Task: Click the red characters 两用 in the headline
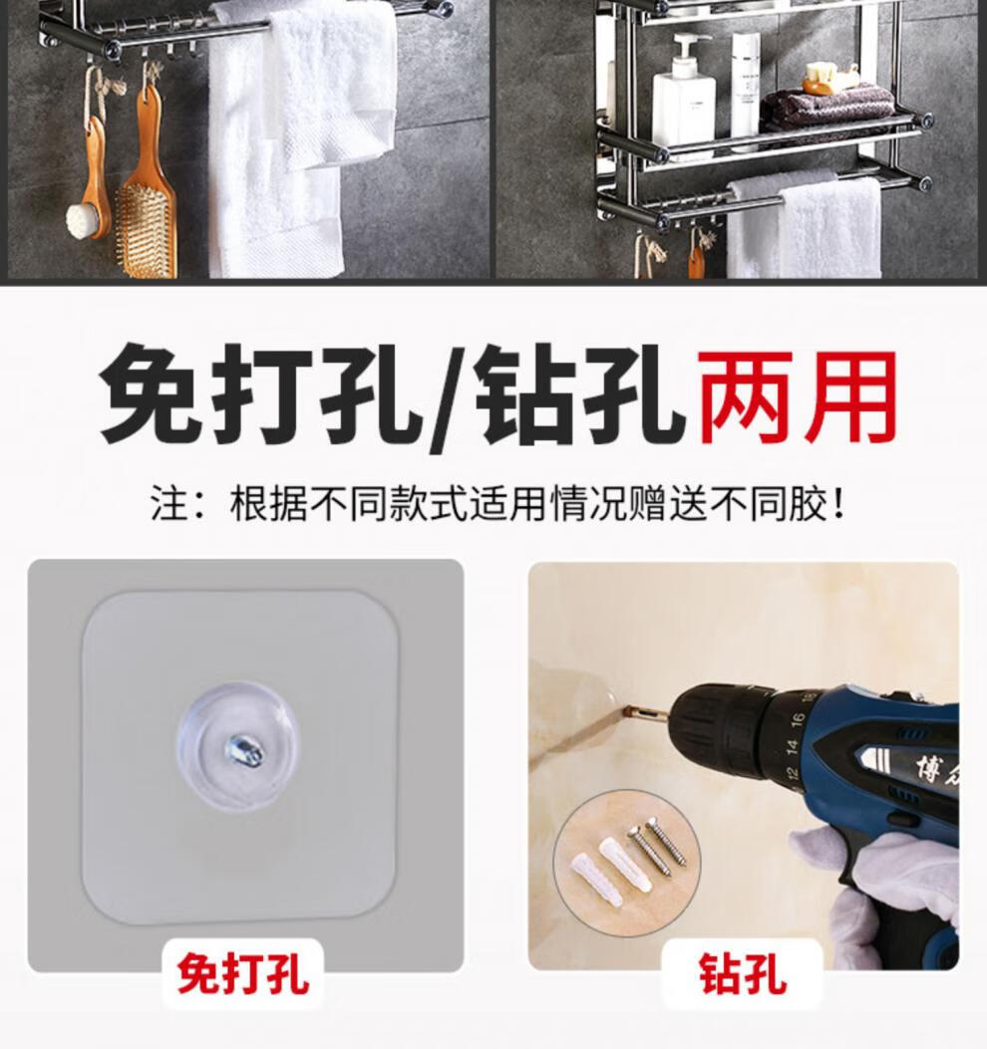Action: click(797, 396)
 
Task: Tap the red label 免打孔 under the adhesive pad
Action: click(243, 974)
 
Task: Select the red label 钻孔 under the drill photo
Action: click(743, 974)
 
